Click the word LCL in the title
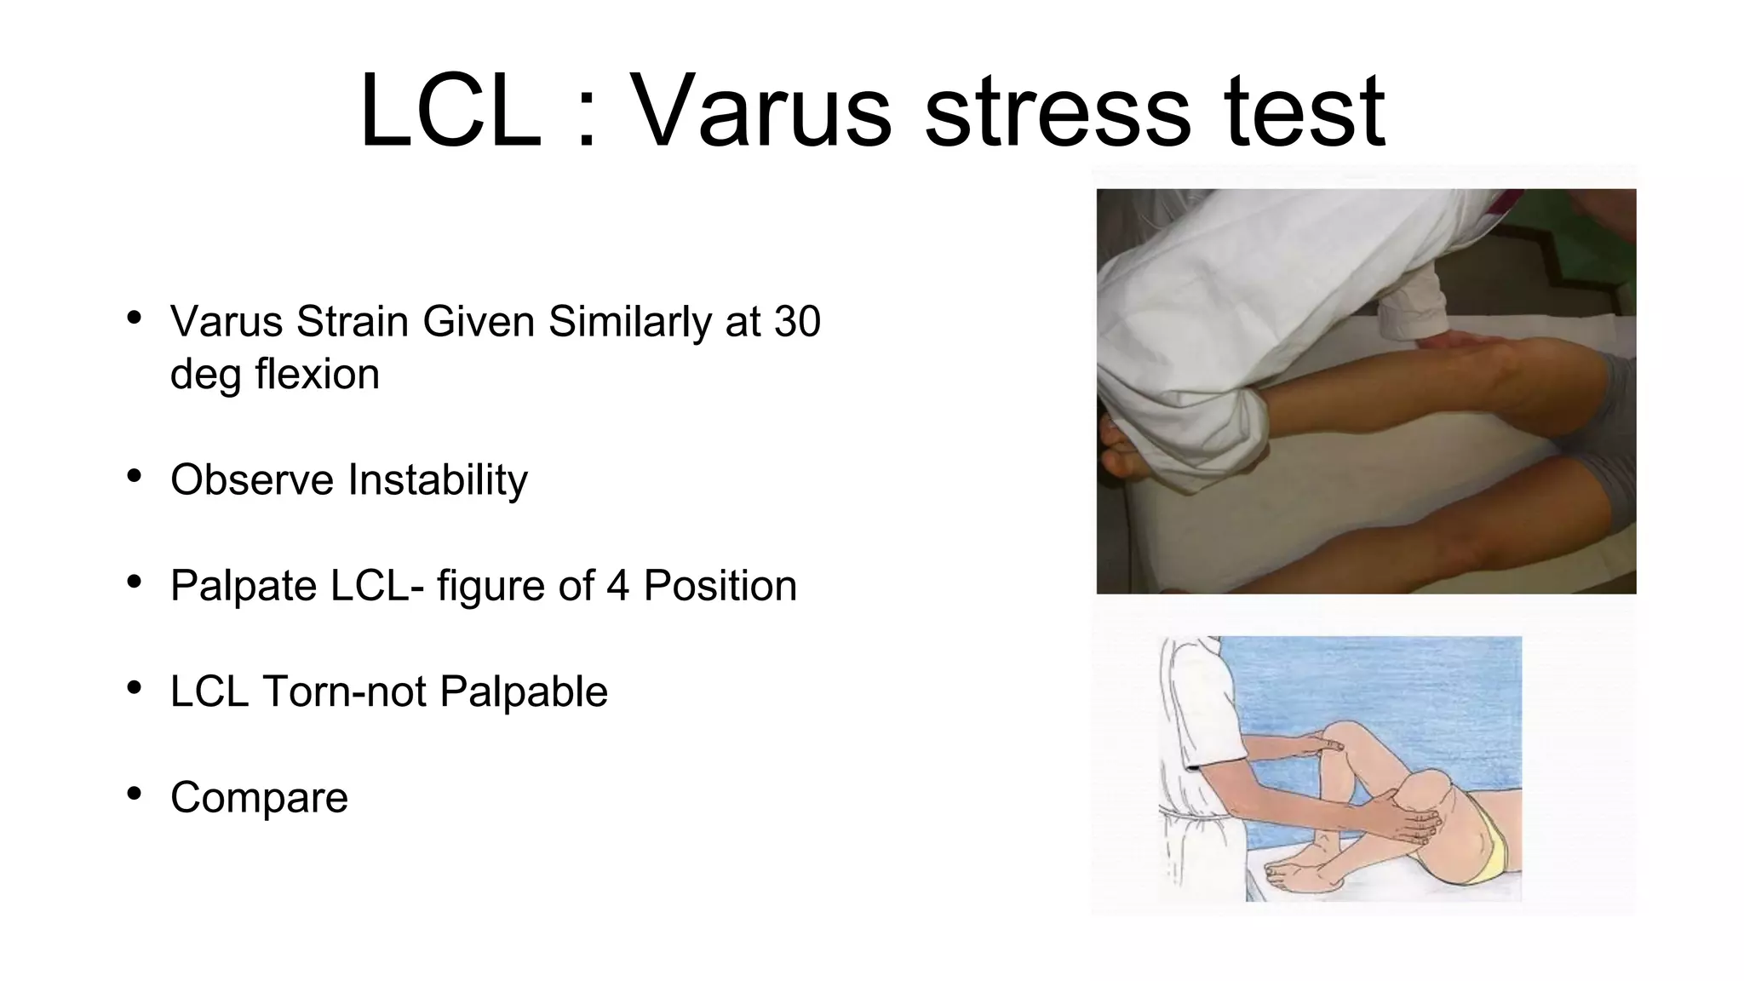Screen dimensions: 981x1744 pyautogui.click(x=450, y=112)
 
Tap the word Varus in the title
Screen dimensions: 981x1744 pyautogui.click(x=760, y=112)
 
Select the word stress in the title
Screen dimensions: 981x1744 pyautogui.click(x=1056, y=112)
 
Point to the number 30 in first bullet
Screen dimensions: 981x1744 pyautogui.click(x=797, y=322)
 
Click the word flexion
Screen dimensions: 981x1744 pyautogui.click(x=317, y=375)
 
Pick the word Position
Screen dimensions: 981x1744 pyautogui.click(x=720, y=586)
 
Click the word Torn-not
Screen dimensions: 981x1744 pyautogui.click(x=344, y=691)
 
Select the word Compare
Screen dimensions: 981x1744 pyautogui.click(x=259, y=798)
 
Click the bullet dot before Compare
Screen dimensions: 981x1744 pyautogui.click(x=134, y=795)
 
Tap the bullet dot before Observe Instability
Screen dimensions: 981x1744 pyautogui.click(x=134, y=477)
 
